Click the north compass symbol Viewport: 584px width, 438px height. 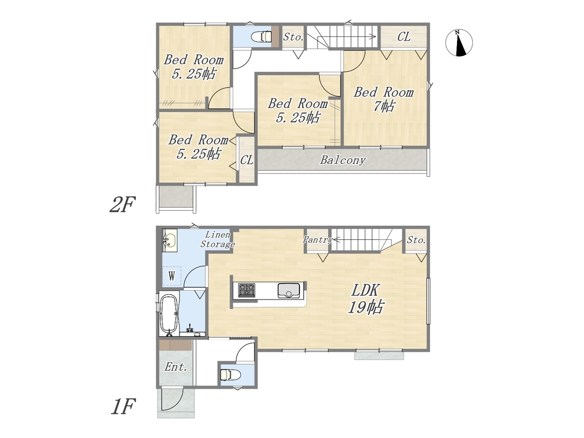click(x=459, y=43)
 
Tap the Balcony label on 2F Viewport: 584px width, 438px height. click(x=343, y=160)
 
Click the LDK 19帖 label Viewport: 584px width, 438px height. click(x=366, y=298)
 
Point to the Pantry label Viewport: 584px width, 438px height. click(x=317, y=239)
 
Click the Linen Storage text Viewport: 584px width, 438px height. click(x=218, y=239)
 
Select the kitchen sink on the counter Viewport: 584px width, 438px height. click(x=288, y=290)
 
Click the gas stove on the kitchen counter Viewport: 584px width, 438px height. click(x=246, y=290)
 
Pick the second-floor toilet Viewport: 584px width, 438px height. click(x=261, y=37)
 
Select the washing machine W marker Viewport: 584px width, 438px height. click(x=172, y=276)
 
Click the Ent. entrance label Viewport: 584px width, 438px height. click(x=176, y=367)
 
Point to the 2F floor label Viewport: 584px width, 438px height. click(x=122, y=204)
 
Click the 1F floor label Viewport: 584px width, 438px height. click(x=122, y=407)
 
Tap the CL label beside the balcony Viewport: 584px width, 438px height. click(x=247, y=160)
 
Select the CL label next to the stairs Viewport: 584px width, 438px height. click(x=404, y=37)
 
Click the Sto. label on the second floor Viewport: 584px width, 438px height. click(x=293, y=37)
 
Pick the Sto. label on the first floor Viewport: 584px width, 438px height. click(x=416, y=240)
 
